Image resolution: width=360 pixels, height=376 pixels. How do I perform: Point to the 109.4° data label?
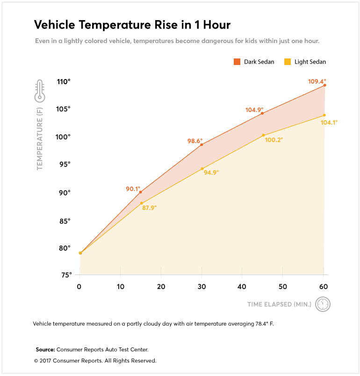(x=317, y=81)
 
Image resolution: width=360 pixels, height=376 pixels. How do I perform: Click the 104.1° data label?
(x=329, y=123)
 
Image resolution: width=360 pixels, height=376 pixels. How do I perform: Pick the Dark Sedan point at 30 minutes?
(x=202, y=145)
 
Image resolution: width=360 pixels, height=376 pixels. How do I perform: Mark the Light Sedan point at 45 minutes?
(x=263, y=135)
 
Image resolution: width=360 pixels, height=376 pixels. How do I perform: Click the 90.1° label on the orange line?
(x=133, y=189)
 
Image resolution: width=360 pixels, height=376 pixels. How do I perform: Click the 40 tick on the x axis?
(x=242, y=286)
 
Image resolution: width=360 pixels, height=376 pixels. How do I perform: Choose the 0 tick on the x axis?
(x=79, y=286)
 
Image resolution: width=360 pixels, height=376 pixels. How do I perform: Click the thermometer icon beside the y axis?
(x=39, y=91)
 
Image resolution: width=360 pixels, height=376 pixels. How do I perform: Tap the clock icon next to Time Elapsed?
(x=323, y=304)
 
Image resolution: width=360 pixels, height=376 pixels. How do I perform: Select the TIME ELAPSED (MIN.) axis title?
(x=279, y=304)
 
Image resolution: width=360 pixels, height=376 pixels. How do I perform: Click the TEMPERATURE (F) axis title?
(x=40, y=138)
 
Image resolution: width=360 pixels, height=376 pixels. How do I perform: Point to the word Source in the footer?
(x=45, y=349)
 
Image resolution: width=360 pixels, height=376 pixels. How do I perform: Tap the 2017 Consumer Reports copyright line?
(x=95, y=361)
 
